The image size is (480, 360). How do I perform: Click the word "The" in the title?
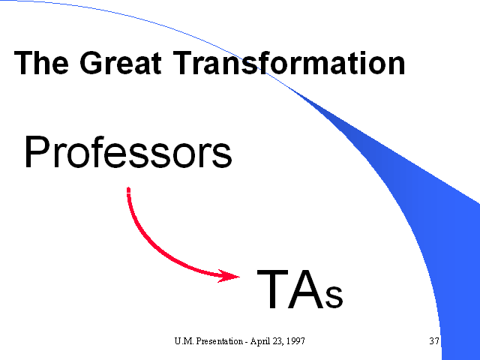(x=41, y=63)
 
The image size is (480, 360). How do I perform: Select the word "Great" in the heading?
(x=121, y=63)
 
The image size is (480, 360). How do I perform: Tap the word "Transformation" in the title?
(x=289, y=63)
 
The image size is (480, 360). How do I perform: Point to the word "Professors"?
(x=128, y=151)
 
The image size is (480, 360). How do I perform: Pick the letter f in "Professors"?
(x=97, y=151)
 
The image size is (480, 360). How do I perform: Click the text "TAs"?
(x=300, y=290)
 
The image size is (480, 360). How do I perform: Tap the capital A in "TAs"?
(x=306, y=289)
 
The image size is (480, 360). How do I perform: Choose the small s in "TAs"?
(x=334, y=296)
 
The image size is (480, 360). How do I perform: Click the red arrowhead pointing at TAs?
(x=228, y=276)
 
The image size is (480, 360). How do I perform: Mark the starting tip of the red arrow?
(x=128, y=187)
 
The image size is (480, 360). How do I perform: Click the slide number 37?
(x=434, y=341)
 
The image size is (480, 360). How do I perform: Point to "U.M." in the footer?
(x=184, y=341)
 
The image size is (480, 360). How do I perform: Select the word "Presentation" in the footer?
(x=220, y=341)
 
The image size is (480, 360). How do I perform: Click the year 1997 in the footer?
(x=296, y=341)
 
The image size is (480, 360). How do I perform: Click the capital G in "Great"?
(x=91, y=63)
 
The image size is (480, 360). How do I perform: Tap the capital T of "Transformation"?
(x=183, y=63)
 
